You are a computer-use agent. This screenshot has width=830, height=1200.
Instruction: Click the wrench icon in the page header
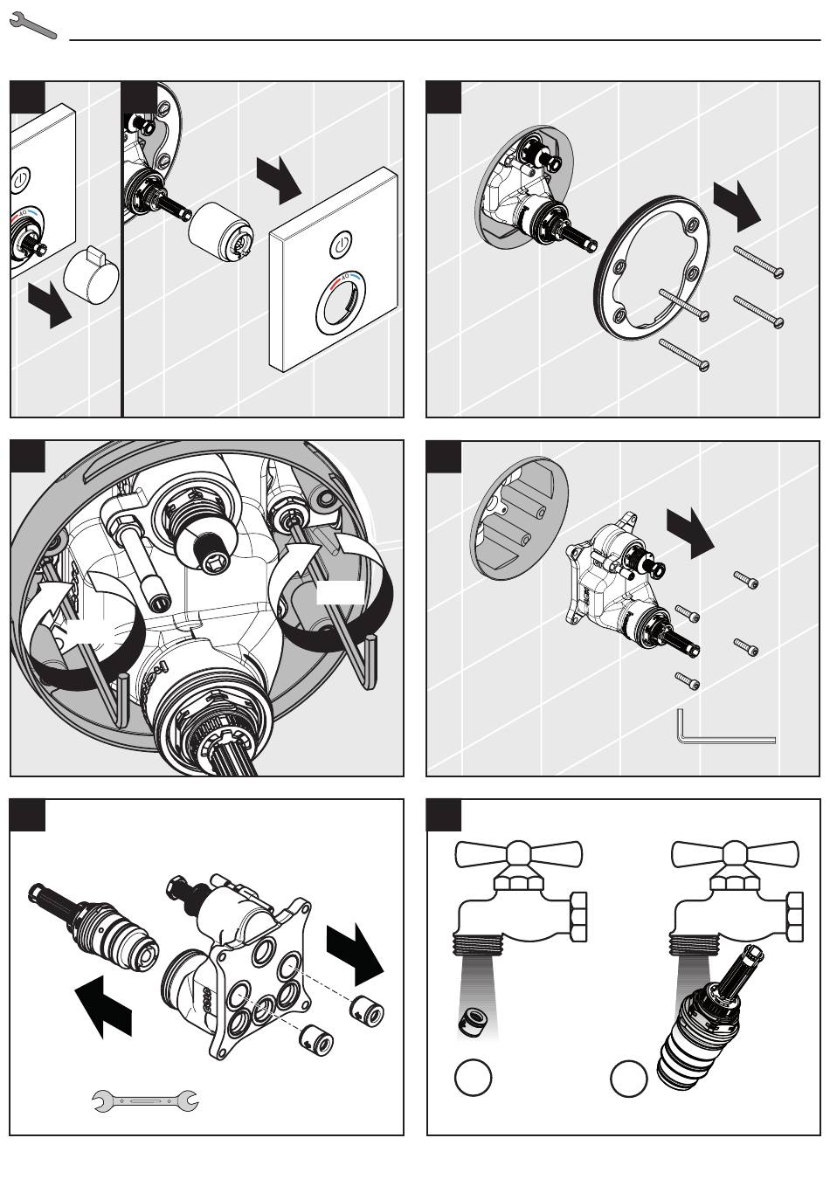[x=32, y=26]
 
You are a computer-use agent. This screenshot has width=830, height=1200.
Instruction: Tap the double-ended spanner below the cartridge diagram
[x=146, y=1100]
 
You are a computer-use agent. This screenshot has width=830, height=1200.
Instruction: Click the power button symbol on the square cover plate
[x=341, y=245]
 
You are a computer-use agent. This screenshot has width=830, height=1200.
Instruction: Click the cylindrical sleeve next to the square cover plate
[x=221, y=230]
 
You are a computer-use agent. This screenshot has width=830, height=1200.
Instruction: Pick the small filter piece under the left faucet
[x=474, y=1020]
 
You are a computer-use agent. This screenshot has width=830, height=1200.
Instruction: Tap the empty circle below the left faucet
[x=474, y=1078]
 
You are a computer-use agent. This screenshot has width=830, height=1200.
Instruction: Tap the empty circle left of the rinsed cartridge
[x=628, y=1078]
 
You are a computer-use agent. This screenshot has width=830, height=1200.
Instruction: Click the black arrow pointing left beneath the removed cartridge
[x=103, y=1005]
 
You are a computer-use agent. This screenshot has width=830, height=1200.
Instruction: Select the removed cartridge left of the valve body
[x=92, y=930]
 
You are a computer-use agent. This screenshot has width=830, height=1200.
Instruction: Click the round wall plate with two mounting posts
[x=519, y=518]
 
